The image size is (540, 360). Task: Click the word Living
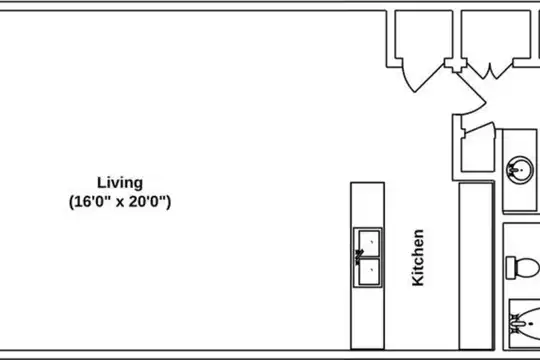120,183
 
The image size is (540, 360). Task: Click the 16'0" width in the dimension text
92,202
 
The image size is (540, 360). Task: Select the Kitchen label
418,258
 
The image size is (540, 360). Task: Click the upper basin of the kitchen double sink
369,243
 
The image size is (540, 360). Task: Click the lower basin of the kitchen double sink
369,271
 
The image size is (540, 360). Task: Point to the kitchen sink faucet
359,257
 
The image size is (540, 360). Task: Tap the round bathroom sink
519,170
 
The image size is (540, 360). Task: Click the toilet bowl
527,267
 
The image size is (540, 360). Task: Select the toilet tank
511,267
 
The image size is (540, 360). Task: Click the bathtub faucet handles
516,324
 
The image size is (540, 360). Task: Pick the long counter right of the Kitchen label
476,266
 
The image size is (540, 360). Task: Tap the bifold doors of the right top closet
489,70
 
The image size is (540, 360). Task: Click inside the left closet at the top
424,34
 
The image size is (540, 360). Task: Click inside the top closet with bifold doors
496,34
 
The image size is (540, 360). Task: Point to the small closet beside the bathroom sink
478,153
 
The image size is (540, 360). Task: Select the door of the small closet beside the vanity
479,127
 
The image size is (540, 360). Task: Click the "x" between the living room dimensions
120,202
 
